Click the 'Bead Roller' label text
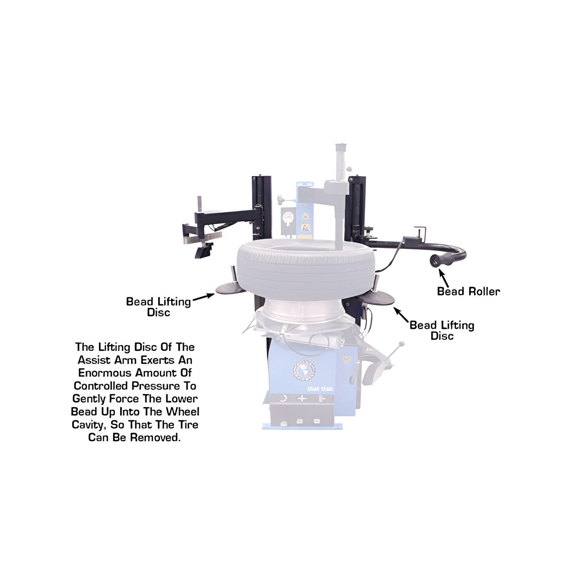(468, 291)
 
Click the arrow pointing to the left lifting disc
(204, 297)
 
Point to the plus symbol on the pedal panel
(302, 398)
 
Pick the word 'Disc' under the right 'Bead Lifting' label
(442, 336)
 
